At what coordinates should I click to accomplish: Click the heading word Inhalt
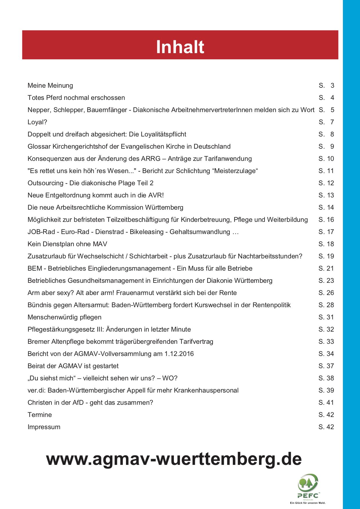[x=180, y=47]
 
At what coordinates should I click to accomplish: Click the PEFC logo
[x=308, y=486]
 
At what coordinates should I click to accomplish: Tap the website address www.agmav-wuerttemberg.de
[x=174, y=459]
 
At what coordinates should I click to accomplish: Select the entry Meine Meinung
[x=50, y=86]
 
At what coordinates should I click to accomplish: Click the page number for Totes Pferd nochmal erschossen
[x=326, y=98]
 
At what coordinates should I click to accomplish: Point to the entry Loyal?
[x=37, y=122]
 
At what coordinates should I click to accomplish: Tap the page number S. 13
[x=326, y=195]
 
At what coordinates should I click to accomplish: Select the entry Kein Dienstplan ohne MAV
[x=67, y=244]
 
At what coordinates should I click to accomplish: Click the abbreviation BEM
[x=35, y=269]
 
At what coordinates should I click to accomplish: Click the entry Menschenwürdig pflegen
[x=64, y=317]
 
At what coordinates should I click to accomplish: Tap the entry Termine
[x=40, y=415]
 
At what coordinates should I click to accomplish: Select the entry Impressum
[x=44, y=427]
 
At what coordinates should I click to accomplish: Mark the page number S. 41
[x=326, y=403]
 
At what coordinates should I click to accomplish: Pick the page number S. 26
[x=326, y=293]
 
